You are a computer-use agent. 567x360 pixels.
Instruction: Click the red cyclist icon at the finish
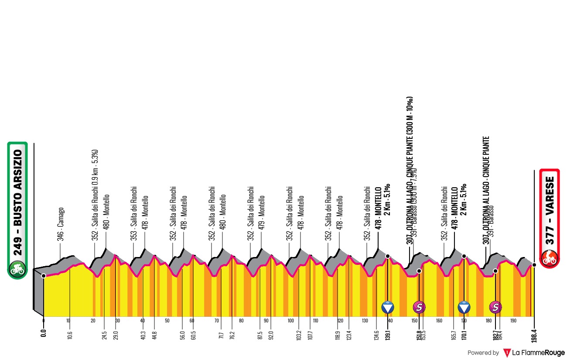(x=550, y=258)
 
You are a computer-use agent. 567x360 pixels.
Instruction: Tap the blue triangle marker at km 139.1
(x=388, y=308)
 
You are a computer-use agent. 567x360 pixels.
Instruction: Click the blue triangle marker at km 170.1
(x=464, y=308)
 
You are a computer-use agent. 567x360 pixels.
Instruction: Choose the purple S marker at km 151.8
(x=419, y=308)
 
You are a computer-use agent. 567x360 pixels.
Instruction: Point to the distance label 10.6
(x=70, y=335)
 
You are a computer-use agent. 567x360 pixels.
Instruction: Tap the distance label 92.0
(x=271, y=335)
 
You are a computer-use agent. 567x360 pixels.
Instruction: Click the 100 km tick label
(x=291, y=321)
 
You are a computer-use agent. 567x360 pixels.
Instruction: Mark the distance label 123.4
(x=349, y=335)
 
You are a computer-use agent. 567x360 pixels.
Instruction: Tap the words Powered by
(x=483, y=353)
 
